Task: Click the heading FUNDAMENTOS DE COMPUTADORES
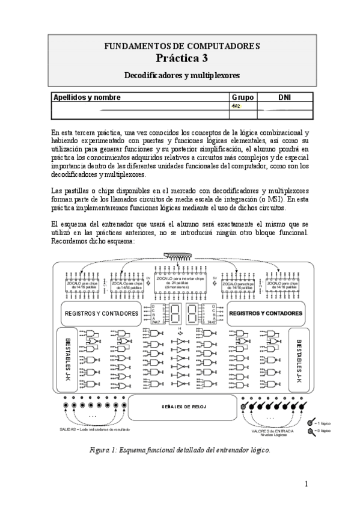tap(182, 46)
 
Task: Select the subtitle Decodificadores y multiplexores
tap(182, 76)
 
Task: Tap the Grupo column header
tap(243, 97)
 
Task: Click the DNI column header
tap(285, 97)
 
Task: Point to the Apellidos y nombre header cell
tap(87, 97)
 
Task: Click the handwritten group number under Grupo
tap(236, 106)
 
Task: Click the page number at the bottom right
tap(307, 483)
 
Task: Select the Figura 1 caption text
tap(180, 449)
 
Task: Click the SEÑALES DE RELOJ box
tap(184, 407)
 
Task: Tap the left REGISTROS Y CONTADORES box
tap(101, 313)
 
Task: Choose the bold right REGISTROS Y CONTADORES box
tap(266, 313)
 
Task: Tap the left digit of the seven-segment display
tap(174, 313)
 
